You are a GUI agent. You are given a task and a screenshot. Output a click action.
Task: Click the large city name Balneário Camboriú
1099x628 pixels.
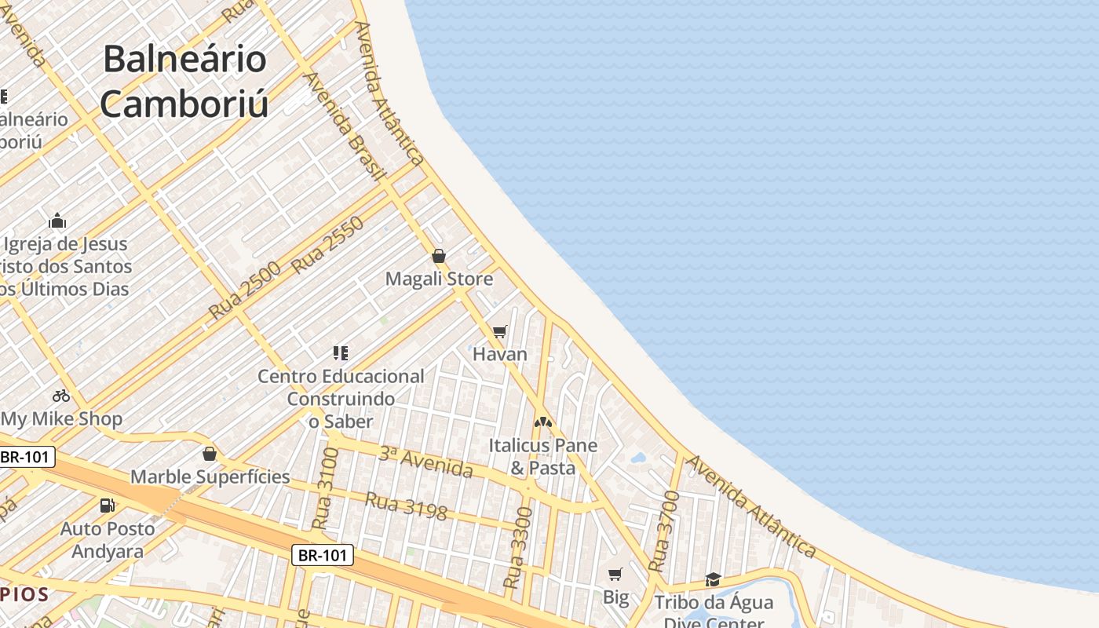(184, 82)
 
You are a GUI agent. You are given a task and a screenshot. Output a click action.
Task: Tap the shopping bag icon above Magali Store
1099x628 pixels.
(439, 256)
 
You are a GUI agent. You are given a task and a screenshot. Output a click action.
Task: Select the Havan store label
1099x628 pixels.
(500, 354)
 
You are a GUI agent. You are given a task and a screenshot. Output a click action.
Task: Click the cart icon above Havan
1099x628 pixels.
(500, 331)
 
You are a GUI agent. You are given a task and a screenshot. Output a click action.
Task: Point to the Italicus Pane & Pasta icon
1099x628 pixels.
(543, 422)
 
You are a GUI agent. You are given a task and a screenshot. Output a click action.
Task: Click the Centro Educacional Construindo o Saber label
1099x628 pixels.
(341, 399)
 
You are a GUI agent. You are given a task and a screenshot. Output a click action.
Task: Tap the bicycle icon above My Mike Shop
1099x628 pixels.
(61, 396)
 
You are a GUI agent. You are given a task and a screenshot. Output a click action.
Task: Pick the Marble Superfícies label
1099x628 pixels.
(210, 476)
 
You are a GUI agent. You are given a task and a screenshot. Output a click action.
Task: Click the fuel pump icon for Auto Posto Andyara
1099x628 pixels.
(107, 506)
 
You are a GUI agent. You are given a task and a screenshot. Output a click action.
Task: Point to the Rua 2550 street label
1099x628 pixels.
(328, 245)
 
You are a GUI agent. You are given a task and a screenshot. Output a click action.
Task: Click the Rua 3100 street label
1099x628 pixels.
(326, 488)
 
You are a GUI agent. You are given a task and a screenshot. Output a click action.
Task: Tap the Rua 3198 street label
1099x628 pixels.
(407, 506)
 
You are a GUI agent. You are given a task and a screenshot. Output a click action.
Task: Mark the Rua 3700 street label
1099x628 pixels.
(664, 531)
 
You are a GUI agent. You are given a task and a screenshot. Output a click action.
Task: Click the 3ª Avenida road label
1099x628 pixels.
(426, 462)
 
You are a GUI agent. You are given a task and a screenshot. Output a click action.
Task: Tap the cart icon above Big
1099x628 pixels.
(615, 575)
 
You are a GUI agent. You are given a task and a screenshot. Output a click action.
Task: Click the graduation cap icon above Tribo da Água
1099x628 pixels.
(713, 579)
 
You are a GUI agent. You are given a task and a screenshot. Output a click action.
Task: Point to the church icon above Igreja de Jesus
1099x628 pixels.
(57, 221)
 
